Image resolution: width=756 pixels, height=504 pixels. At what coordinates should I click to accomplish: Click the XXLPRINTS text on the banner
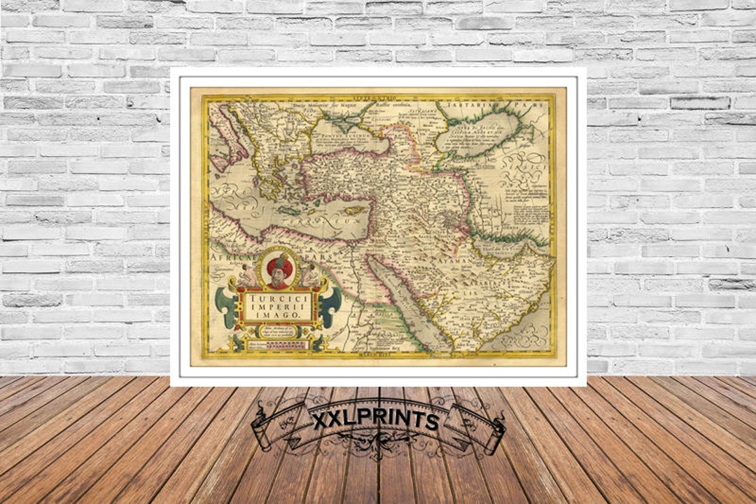[377, 420]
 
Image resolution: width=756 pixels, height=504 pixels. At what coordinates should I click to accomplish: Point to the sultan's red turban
[279, 265]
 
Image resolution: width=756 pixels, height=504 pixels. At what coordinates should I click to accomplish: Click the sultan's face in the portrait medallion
[279, 274]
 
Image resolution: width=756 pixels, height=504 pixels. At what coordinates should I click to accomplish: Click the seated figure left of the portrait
[247, 275]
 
